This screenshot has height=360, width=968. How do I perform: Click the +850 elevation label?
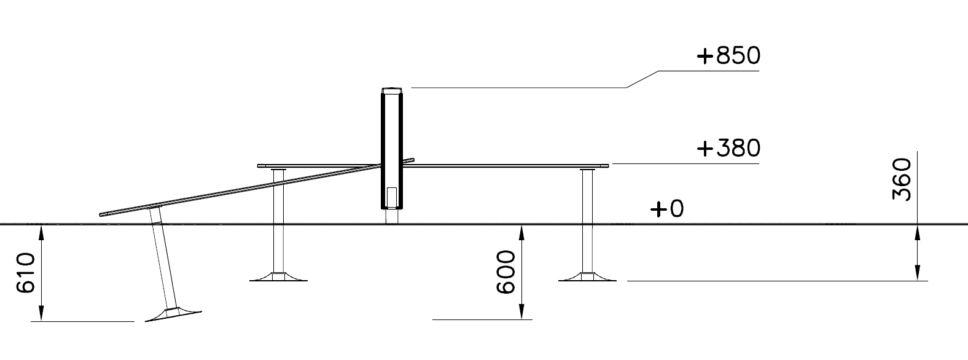pos(729,56)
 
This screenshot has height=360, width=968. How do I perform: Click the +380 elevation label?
pos(729,148)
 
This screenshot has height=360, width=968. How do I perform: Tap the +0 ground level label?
pos(668,209)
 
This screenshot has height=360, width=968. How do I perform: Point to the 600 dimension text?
pos(505,272)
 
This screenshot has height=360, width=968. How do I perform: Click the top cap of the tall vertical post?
pos(391,90)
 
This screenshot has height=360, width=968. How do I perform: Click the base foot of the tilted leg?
pos(174,314)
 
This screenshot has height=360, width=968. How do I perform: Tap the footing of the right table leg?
pos(588,276)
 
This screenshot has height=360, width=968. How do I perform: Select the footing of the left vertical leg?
pos(278,276)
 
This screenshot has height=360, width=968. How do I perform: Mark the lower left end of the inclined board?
pos(101,214)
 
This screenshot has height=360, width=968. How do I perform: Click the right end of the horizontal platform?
pos(607,165)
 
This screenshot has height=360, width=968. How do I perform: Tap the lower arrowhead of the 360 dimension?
pos(917,275)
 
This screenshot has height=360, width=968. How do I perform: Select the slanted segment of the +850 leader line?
pos(642,79)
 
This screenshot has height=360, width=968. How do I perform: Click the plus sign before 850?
pos(705,57)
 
